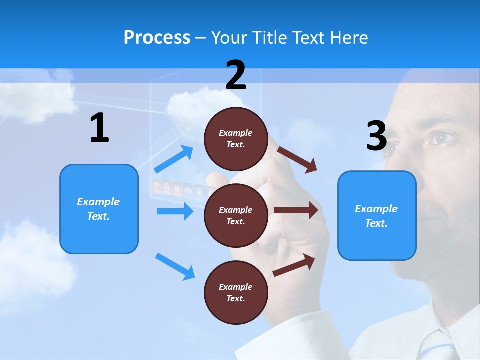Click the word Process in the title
tap(157, 38)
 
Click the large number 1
tap(99, 128)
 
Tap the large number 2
tap(236, 75)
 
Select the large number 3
tap(376, 136)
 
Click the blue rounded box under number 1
tap(99, 209)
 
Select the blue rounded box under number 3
tap(377, 216)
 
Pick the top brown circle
tap(236, 139)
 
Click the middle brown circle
tap(236, 216)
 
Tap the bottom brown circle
tap(236, 293)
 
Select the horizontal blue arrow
tap(175, 211)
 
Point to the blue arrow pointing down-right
tap(175, 266)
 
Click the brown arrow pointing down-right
tap(297, 160)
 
